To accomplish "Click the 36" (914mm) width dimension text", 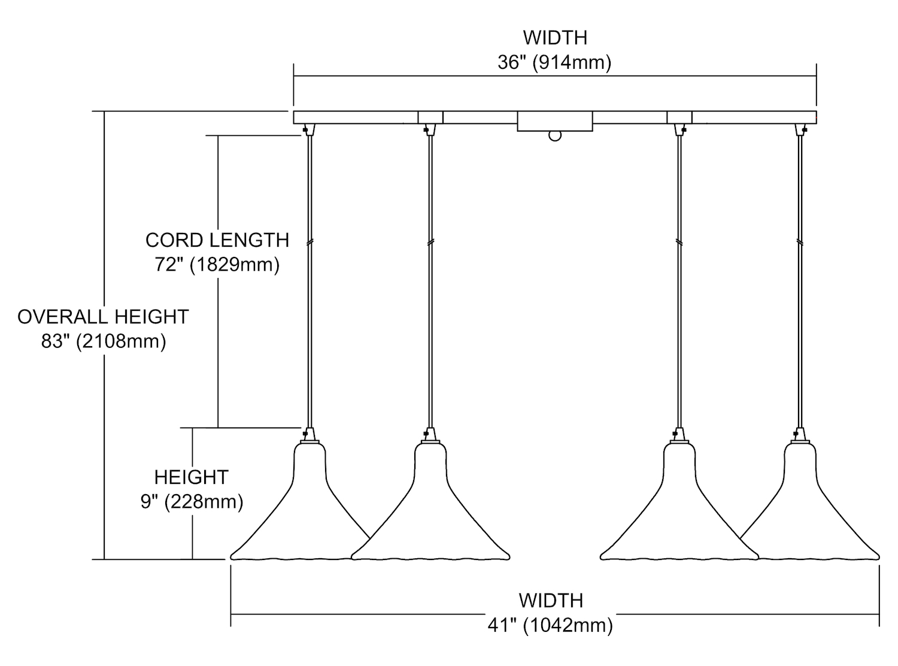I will [x=554, y=62].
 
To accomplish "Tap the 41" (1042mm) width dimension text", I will [x=550, y=625].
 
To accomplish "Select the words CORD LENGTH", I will [x=217, y=240].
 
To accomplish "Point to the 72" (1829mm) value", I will [x=217, y=264].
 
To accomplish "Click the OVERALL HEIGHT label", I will [x=103, y=317].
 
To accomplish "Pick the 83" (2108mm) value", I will [x=103, y=341].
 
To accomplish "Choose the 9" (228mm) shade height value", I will [x=192, y=501].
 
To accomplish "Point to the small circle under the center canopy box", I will [x=555, y=136].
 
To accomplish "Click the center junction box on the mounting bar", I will [x=555, y=120].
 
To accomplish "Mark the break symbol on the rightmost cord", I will [x=800, y=241].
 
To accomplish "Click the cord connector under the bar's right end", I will [x=800, y=129].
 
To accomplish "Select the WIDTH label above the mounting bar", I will [x=555, y=37].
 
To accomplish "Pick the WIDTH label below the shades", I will [x=550, y=600].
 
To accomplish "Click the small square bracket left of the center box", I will [x=430, y=117].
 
